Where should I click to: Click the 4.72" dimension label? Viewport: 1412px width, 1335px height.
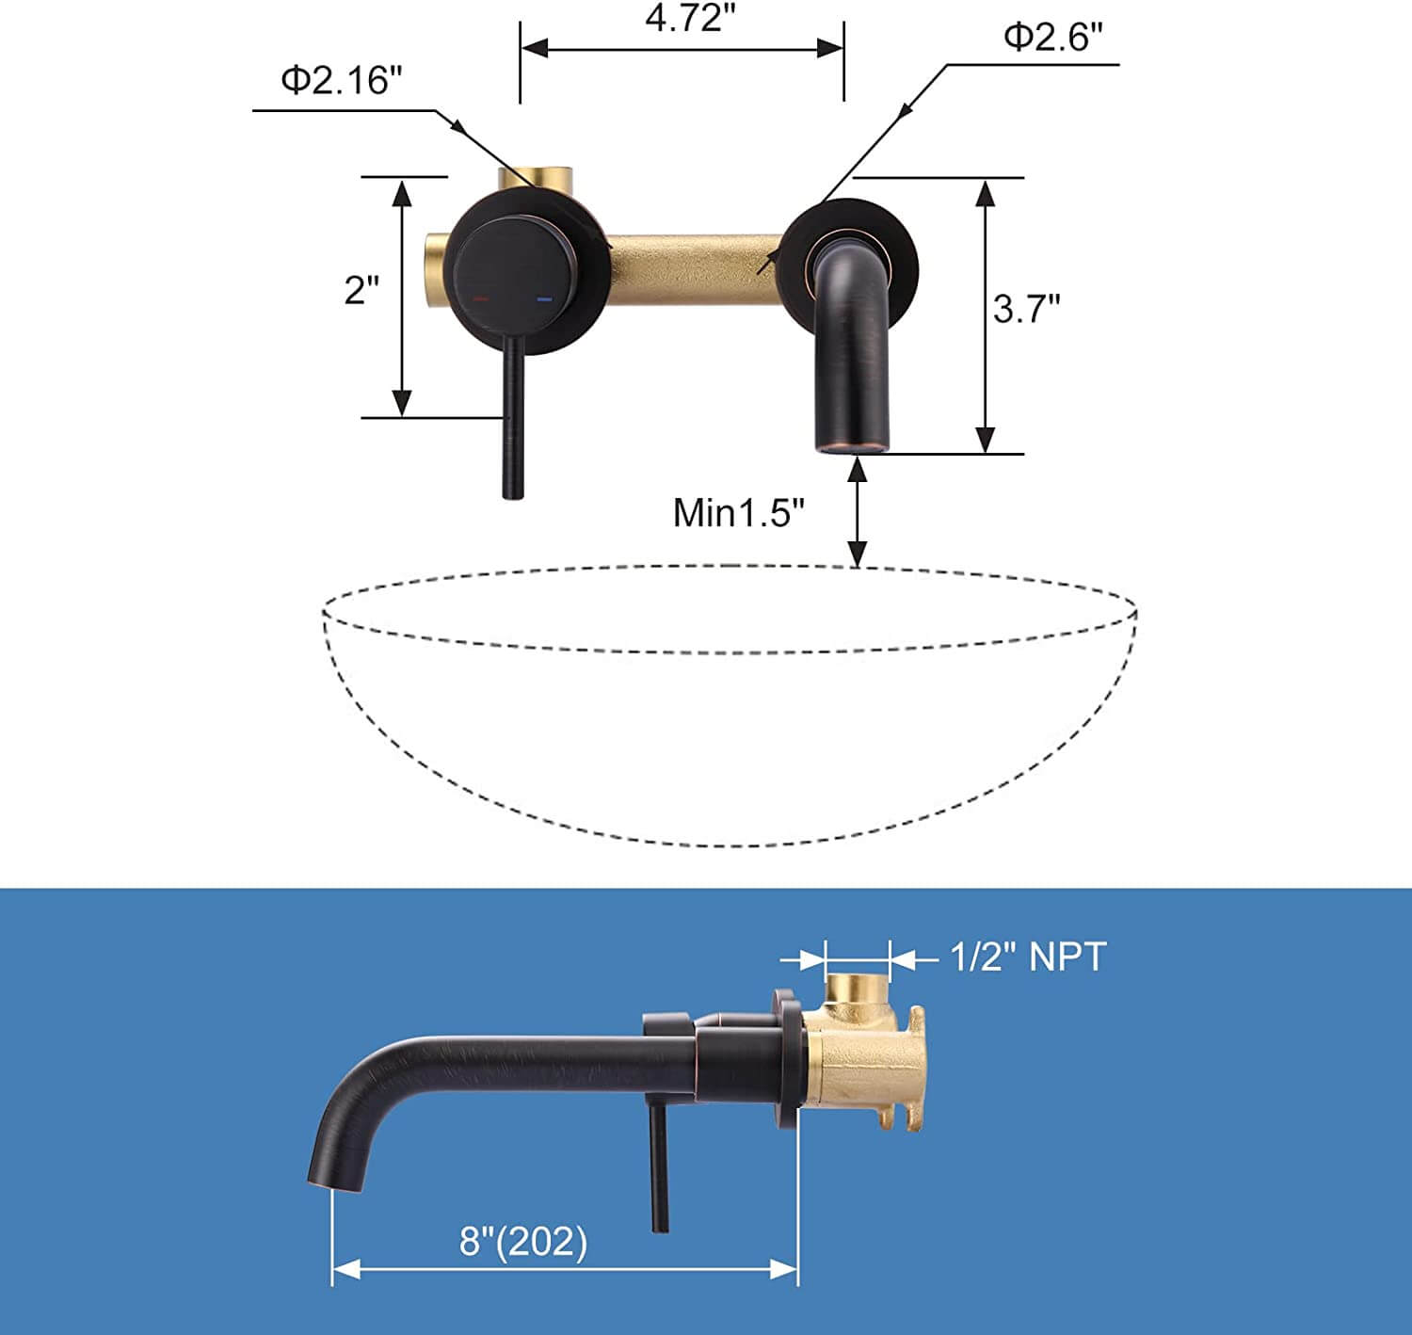click(683, 18)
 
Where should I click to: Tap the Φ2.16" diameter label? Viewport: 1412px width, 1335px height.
click(341, 80)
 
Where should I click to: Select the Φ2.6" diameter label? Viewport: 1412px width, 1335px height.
click(1052, 37)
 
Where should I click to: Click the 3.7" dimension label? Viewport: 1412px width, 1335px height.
click(1026, 309)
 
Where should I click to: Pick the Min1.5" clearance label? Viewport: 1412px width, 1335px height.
click(739, 513)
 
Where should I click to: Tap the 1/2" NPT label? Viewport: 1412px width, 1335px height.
click(1027, 957)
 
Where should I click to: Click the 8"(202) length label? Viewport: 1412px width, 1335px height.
click(523, 1241)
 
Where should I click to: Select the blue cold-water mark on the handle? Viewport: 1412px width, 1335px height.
click(544, 299)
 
